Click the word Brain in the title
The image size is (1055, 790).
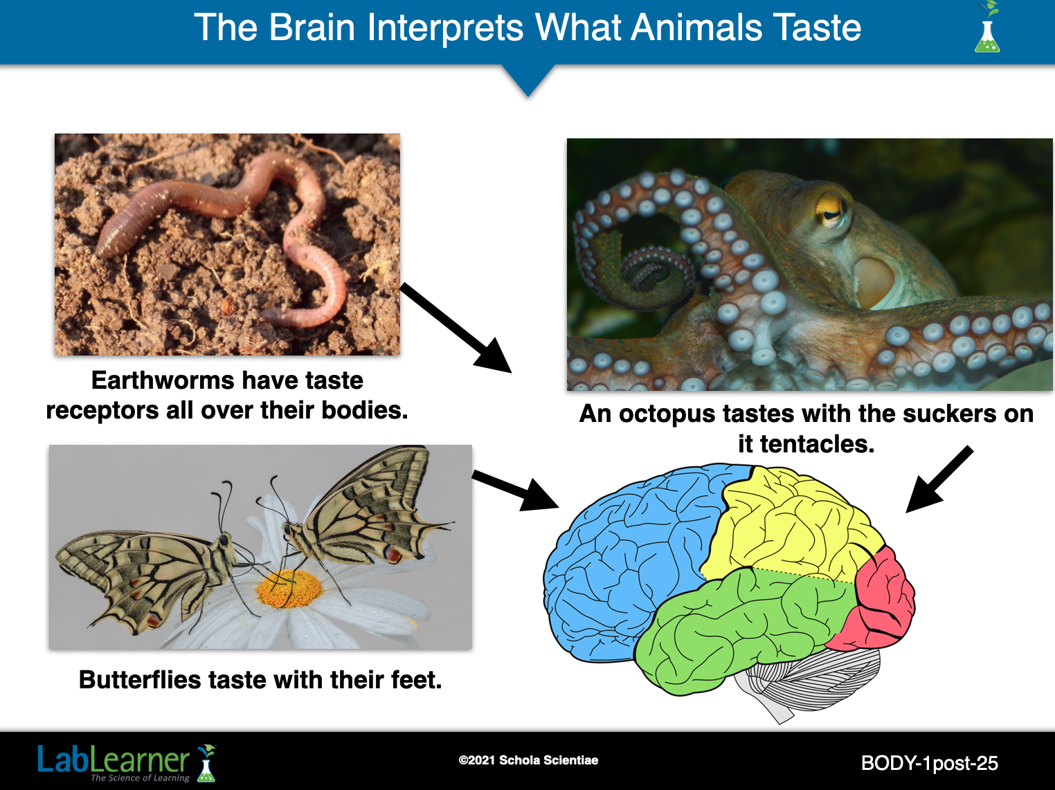tap(312, 28)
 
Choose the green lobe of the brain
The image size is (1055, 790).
tap(740, 629)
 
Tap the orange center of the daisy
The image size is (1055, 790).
tap(289, 588)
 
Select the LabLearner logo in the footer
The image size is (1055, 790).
tap(127, 762)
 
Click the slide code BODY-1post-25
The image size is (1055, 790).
tap(929, 763)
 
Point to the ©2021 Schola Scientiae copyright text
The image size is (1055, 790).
tap(528, 760)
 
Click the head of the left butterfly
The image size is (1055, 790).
tap(224, 540)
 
